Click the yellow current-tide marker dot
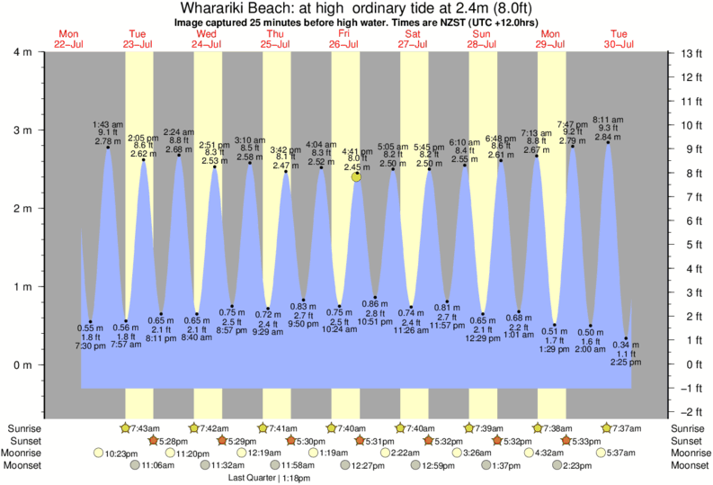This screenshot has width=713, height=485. tap(357, 176)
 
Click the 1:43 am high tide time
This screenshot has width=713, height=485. tap(108, 123)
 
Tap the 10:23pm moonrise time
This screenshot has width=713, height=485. tap(120, 454)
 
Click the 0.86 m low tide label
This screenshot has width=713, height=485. tap(375, 304)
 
